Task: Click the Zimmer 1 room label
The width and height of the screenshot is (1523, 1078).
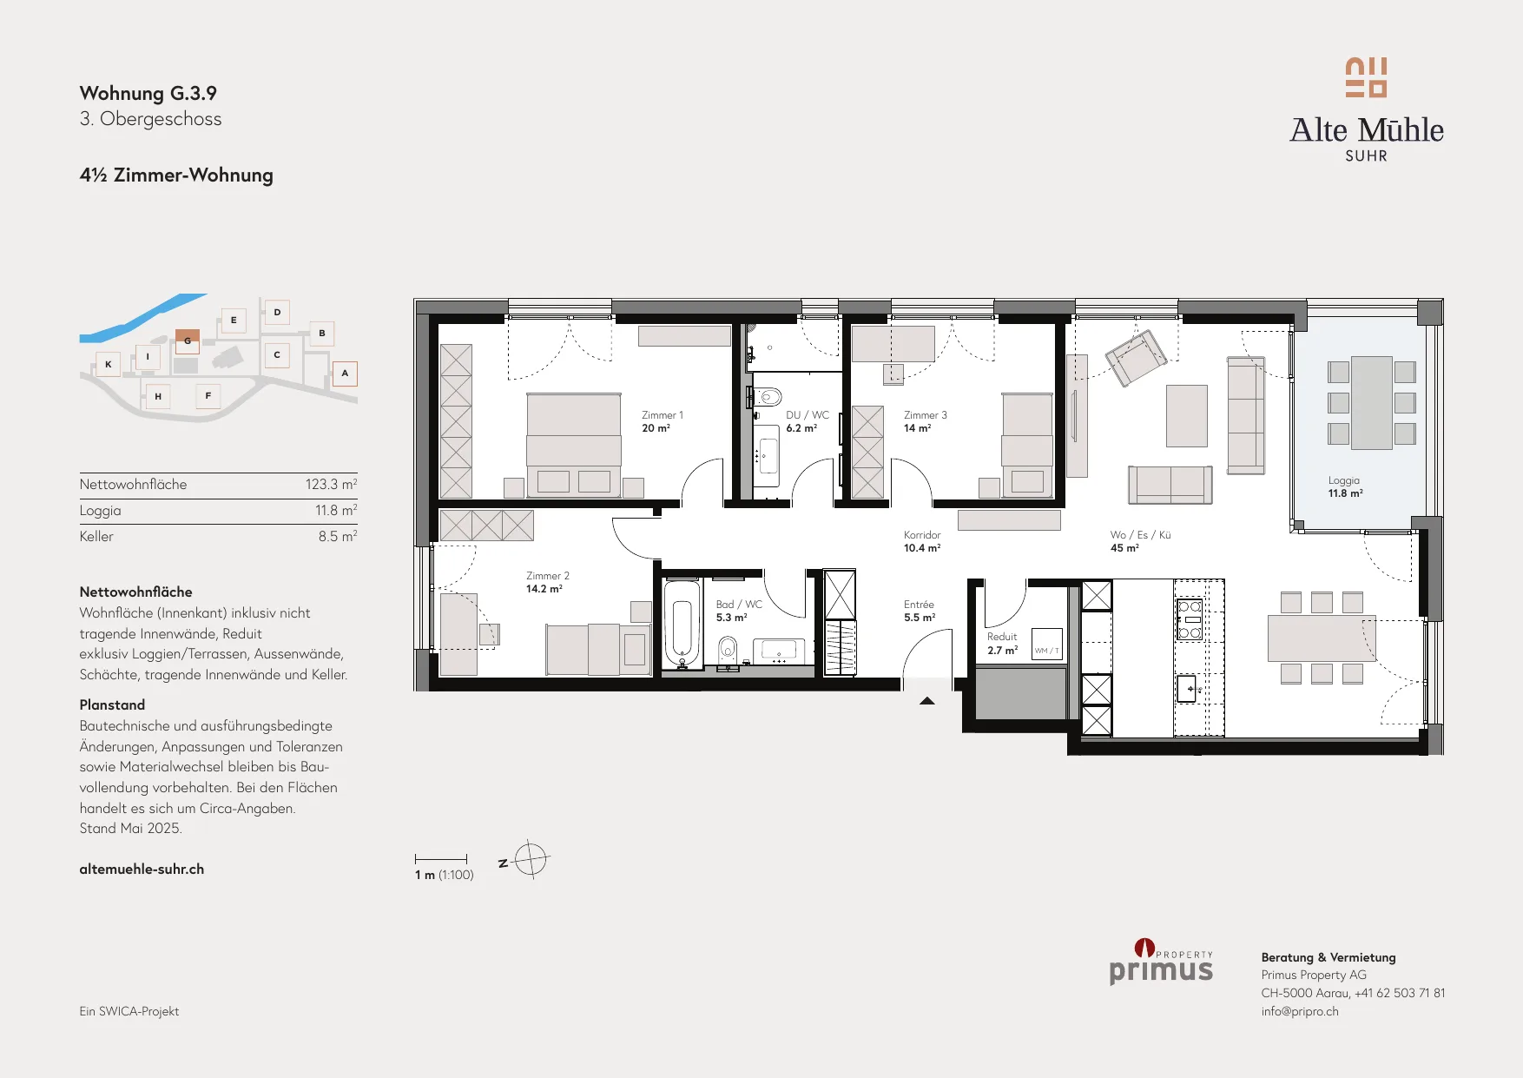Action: click(x=663, y=421)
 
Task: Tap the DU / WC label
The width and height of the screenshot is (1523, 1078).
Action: click(x=808, y=421)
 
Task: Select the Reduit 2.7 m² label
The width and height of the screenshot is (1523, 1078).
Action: click(x=1002, y=644)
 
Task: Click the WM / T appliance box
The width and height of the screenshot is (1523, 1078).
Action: click(x=1046, y=645)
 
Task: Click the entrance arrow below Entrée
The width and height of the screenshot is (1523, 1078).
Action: click(x=927, y=701)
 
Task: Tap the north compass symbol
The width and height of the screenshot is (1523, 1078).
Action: click(x=530, y=860)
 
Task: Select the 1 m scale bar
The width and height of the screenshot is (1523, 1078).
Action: click(x=441, y=859)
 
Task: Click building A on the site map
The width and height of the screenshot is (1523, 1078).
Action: click(x=345, y=374)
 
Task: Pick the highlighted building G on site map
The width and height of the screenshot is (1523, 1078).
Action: click(x=188, y=341)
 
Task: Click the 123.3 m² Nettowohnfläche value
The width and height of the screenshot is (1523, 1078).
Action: click(x=331, y=485)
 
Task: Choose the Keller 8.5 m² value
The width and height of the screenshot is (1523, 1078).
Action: click(x=338, y=537)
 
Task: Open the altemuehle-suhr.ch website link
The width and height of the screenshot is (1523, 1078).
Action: click(x=142, y=869)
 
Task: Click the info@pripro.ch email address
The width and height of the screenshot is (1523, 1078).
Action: click(x=1300, y=1011)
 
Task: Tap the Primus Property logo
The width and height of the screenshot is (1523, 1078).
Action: click(x=1161, y=962)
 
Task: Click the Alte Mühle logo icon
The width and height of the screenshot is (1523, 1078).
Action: click(x=1366, y=77)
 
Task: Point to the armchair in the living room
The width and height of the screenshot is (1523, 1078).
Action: click(x=1136, y=357)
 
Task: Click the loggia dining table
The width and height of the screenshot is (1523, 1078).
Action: click(x=1372, y=402)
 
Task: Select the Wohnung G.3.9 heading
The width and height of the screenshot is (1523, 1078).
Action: click(x=148, y=93)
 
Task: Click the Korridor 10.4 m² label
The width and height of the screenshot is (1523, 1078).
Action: click(x=922, y=541)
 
